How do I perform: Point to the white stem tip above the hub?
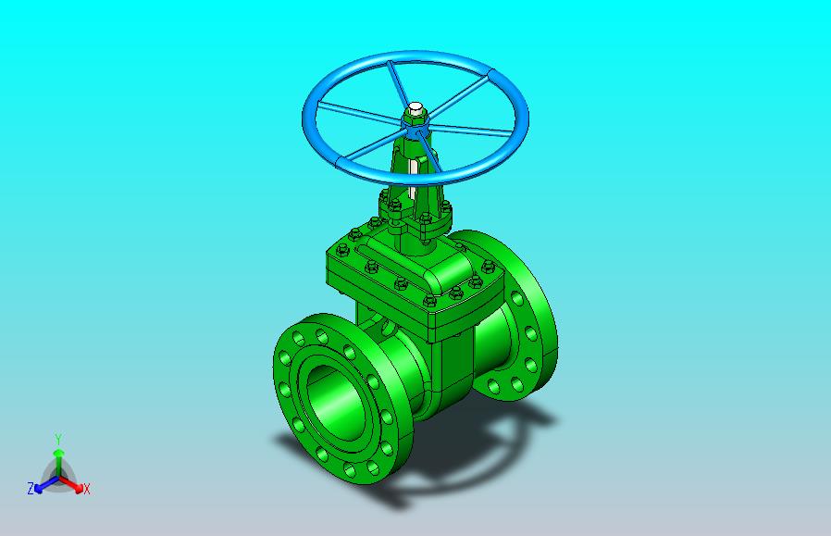click(x=415, y=108)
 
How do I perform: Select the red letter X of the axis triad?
click(x=87, y=489)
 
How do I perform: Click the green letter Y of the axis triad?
click(x=58, y=439)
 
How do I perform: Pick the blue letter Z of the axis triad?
click(x=31, y=488)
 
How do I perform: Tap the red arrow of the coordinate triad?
click(x=71, y=484)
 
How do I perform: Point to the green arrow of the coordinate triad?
click(x=59, y=462)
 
